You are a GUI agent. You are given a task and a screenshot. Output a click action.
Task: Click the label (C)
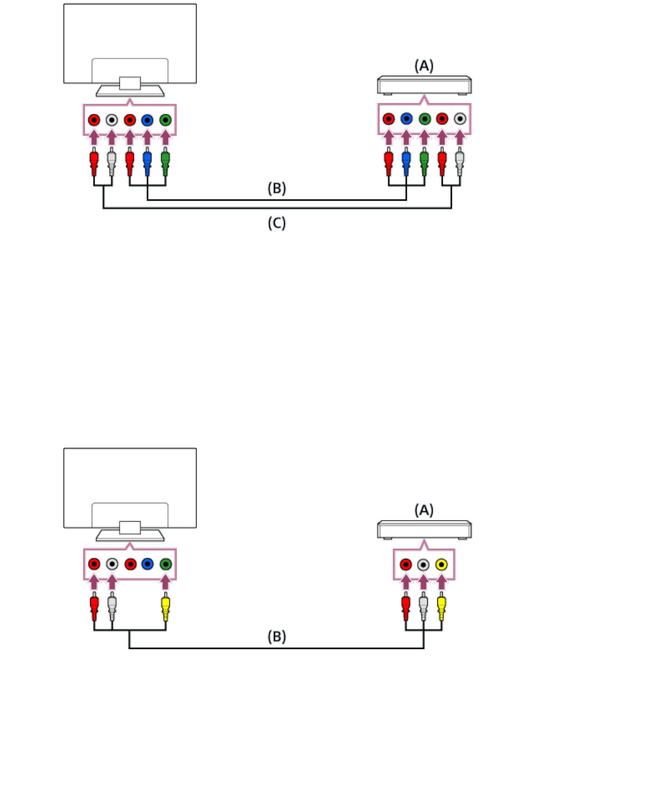tap(276, 223)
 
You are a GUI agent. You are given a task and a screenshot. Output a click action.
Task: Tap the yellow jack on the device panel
tap(441, 565)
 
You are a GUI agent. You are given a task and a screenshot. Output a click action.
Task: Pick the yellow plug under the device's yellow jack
tap(441, 606)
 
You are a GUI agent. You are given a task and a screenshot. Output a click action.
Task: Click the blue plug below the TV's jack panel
tap(147, 161)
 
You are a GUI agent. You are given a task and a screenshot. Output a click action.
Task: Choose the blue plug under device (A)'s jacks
tap(406, 161)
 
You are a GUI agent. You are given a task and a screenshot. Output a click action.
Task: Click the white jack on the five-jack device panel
tap(460, 118)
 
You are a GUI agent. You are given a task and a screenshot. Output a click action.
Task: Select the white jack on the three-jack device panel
tap(423, 565)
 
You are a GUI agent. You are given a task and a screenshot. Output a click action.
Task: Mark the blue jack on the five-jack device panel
tap(406, 118)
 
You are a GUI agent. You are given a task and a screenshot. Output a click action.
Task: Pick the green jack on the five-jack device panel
tap(424, 118)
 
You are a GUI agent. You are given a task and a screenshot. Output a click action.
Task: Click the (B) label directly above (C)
tap(276, 188)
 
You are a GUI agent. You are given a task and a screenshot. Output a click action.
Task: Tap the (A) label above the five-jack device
tap(423, 66)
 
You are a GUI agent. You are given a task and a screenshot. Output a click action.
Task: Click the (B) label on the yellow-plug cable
tap(276, 636)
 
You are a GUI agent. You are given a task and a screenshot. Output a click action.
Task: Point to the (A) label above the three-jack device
tap(423, 510)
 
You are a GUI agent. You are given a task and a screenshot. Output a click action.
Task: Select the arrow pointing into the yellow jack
tap(441, 582)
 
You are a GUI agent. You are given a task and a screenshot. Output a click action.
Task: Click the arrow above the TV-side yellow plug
tap(165, 582)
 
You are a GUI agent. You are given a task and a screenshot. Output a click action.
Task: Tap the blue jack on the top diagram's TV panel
tap(147, 120)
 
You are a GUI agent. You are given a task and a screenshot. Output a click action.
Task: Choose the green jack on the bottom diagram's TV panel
tap(165, 564)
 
